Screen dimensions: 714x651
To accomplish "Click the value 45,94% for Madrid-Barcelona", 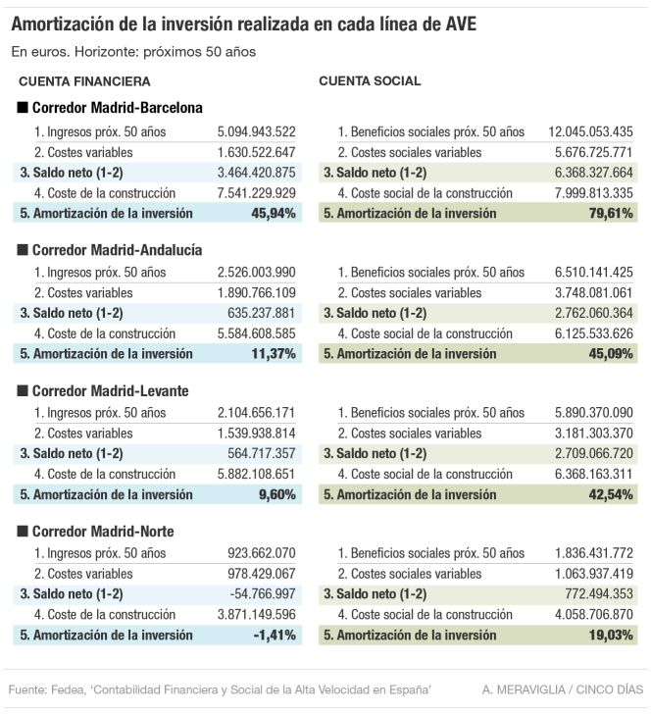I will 274,213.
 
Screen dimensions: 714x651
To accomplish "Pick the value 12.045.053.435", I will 590,131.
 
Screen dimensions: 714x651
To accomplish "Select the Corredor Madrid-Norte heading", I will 103,532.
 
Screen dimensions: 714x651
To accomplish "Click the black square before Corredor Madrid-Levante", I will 23,390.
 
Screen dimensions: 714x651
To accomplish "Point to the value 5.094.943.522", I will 256,131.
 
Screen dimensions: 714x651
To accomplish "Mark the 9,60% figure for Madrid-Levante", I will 276,494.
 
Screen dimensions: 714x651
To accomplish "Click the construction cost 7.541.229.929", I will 256,193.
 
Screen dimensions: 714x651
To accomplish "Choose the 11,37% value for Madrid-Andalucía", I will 274,353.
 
